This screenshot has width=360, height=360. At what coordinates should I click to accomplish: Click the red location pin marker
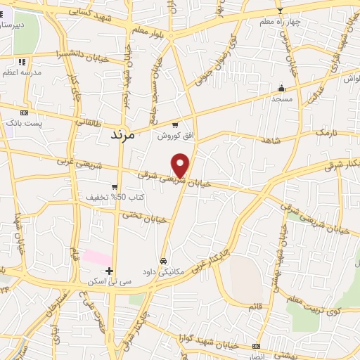[181, 165]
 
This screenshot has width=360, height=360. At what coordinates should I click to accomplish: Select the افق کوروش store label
[169, 135]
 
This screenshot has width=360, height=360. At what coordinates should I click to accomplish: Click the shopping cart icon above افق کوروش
[175, 125]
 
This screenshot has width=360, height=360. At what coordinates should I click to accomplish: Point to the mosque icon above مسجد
[282, 89]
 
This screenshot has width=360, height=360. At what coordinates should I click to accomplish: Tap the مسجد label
[282, 99]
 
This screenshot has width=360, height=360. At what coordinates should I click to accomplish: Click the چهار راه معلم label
[280, 21]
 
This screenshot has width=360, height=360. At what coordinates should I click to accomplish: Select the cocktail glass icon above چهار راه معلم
[280, 11]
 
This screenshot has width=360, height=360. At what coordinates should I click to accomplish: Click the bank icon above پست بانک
[25, 112]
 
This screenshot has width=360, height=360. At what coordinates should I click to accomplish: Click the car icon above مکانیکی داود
[165, 259]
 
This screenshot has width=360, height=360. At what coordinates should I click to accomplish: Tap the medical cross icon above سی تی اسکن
[109, 271]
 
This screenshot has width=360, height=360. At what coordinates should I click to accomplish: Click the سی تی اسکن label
[102, 281]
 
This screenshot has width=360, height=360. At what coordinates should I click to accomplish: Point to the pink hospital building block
[97, 257]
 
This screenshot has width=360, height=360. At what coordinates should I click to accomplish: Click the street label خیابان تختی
[147, 219]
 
